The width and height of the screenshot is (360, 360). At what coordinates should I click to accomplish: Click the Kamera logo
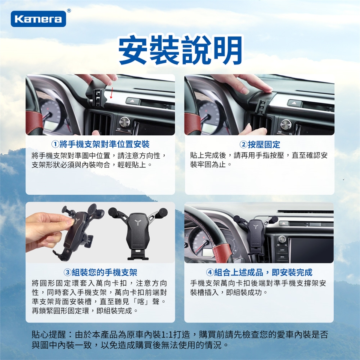tap(38, 19)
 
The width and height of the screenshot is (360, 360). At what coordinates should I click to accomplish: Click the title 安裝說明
tap(180, 50)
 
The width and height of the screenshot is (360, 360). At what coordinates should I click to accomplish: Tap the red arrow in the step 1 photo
tap(111, 93)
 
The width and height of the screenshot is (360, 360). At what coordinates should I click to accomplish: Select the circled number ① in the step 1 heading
tap(55, 144)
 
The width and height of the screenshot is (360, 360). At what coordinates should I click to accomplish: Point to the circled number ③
tap(67, 273)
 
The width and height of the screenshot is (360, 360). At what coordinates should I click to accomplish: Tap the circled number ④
tap(210, 273)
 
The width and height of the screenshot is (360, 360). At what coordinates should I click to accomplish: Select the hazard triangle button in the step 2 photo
tap(294, 103)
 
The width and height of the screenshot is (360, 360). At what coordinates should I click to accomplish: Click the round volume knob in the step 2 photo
tap(286, 124)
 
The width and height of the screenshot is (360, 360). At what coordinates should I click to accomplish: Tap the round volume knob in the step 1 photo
tap(124, 122)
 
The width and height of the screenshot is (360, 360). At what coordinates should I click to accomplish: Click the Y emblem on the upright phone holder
tap(138, 222)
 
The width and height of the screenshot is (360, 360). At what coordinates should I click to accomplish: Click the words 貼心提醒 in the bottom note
tap(49, 335)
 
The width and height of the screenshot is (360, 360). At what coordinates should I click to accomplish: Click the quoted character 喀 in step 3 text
tap(141, 301)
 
